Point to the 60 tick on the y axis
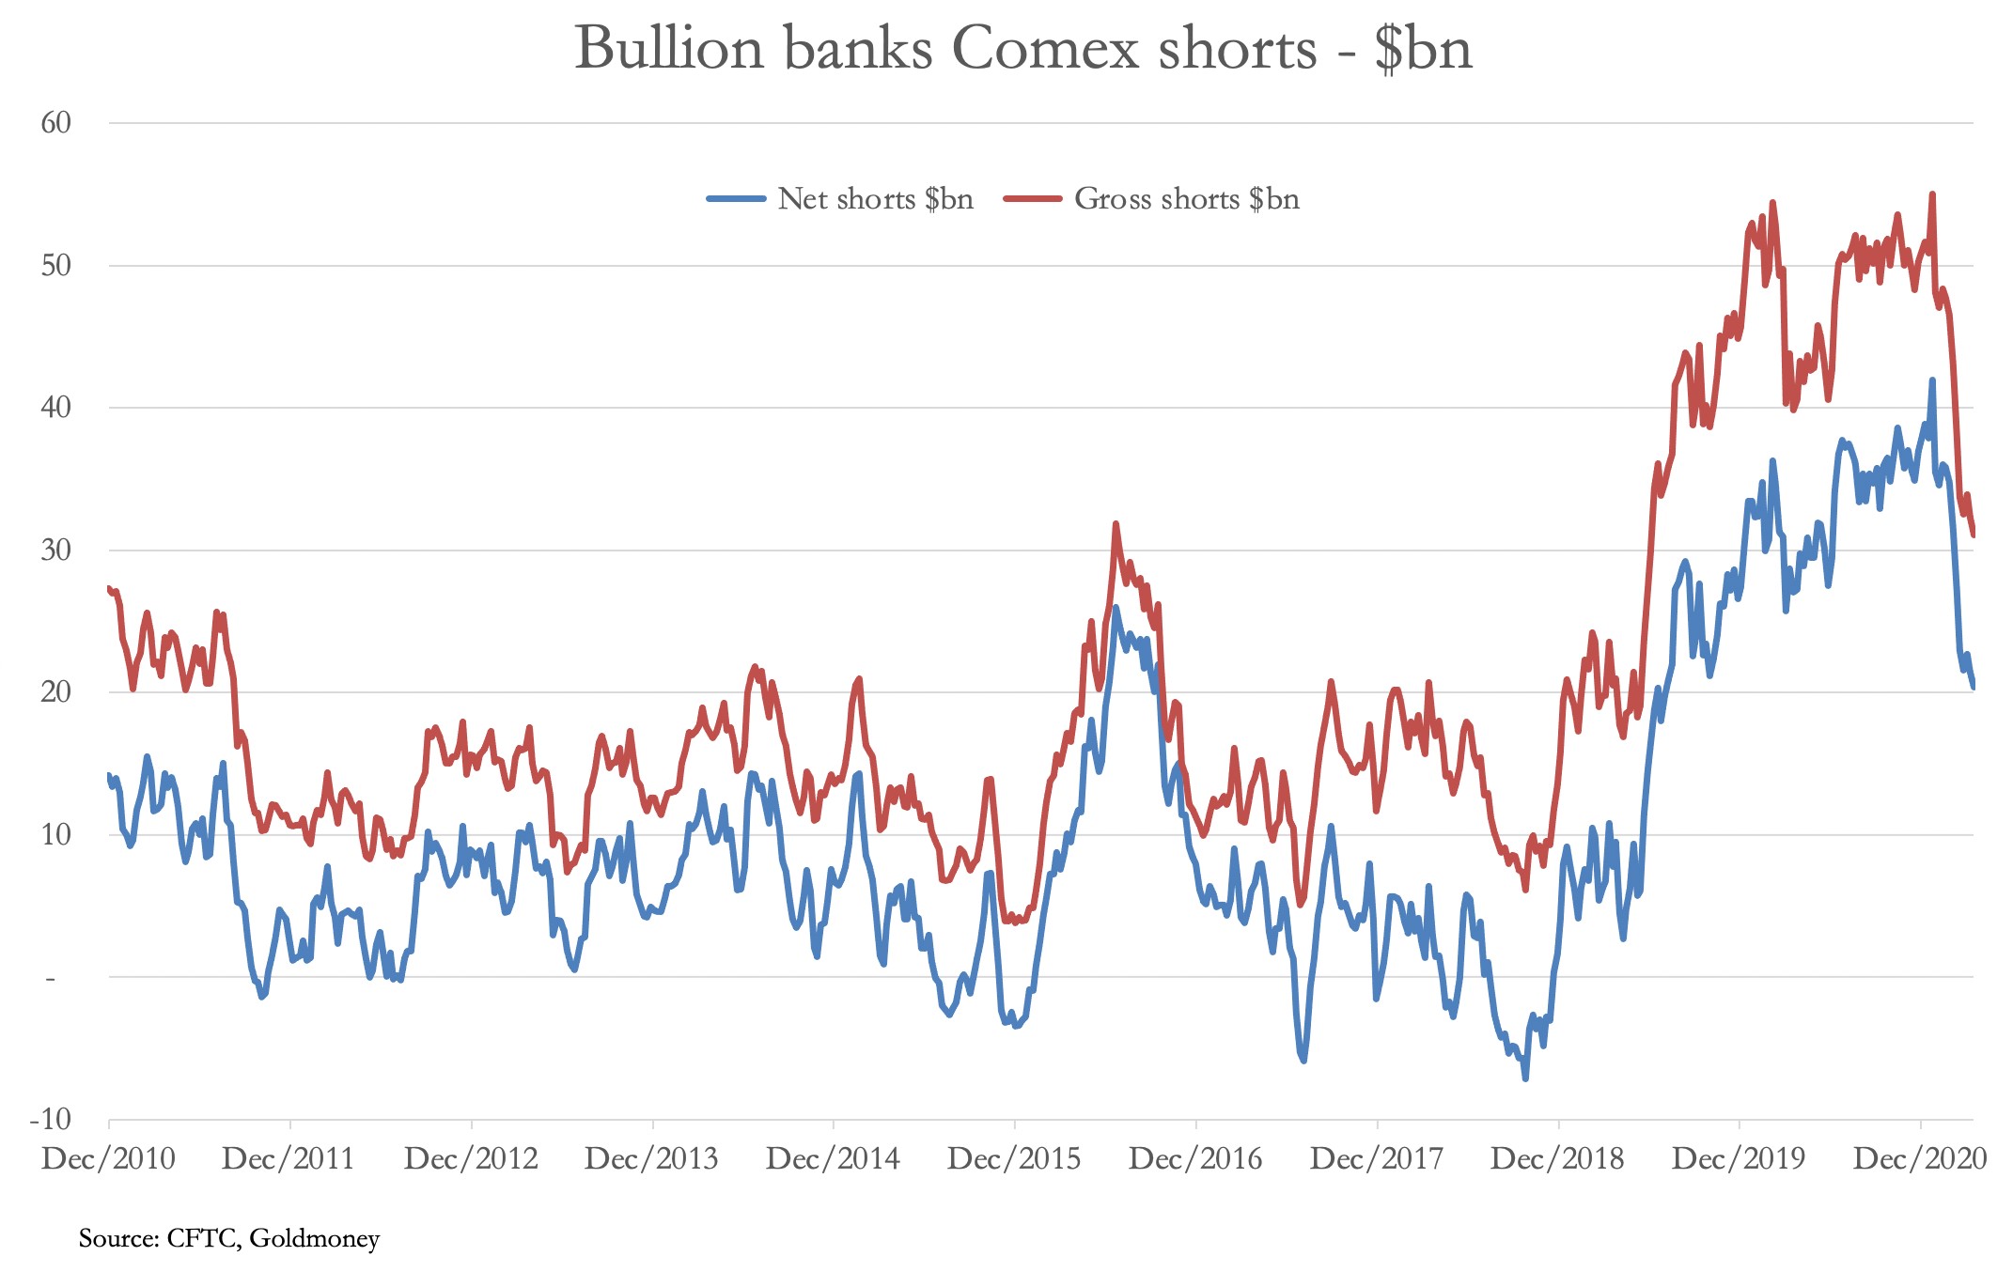[x=56, y=123]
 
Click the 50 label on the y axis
[x=56, y=266]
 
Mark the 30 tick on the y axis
[x=56, y=550]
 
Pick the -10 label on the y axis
[x=51, y=1119]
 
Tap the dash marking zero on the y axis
[x=51, y=978]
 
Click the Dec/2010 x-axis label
[x=108, y=1159]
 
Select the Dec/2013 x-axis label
[x=651, y=1159]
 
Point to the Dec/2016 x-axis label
[x=1195, y=1159]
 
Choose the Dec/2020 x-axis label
[x=1919, y=1159]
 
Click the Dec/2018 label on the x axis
[x=1557, y=1159]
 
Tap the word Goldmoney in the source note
[x=315, y=1239]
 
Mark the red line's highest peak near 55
[x=1932, y=194]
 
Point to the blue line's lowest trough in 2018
[x=1525, y=1078]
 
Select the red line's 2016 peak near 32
[x=1116, y=523]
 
